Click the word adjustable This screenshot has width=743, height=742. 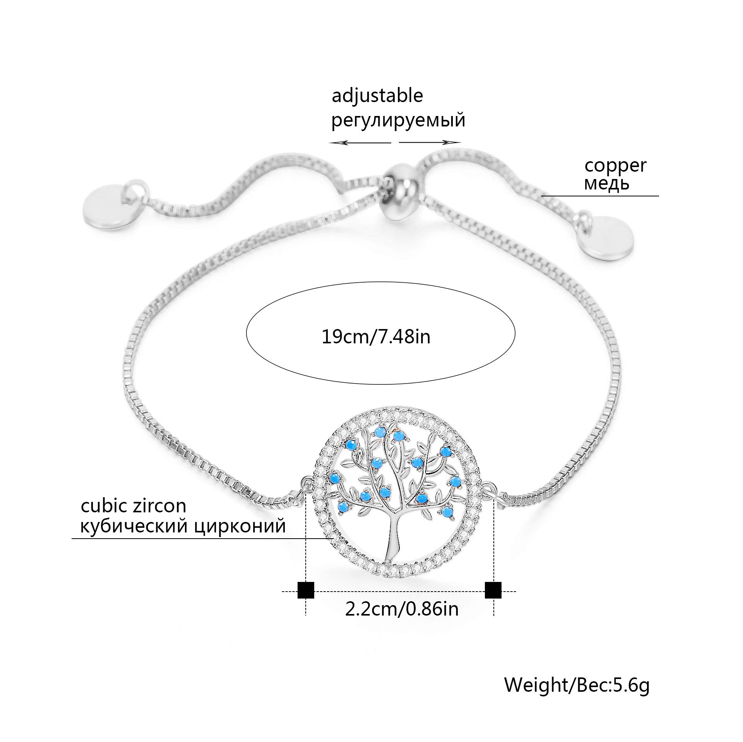(377, 96)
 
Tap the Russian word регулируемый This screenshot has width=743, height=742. (398, 120)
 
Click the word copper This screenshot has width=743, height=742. (615, 165)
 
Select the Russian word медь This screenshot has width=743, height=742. (606, 184)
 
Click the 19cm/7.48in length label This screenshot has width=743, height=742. (376, 337)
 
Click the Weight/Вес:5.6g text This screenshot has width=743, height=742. (577, 685)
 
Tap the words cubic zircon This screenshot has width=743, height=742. (133, 506)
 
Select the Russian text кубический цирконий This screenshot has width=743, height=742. (183, 526)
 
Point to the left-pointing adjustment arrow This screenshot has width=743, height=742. (360, 143)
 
